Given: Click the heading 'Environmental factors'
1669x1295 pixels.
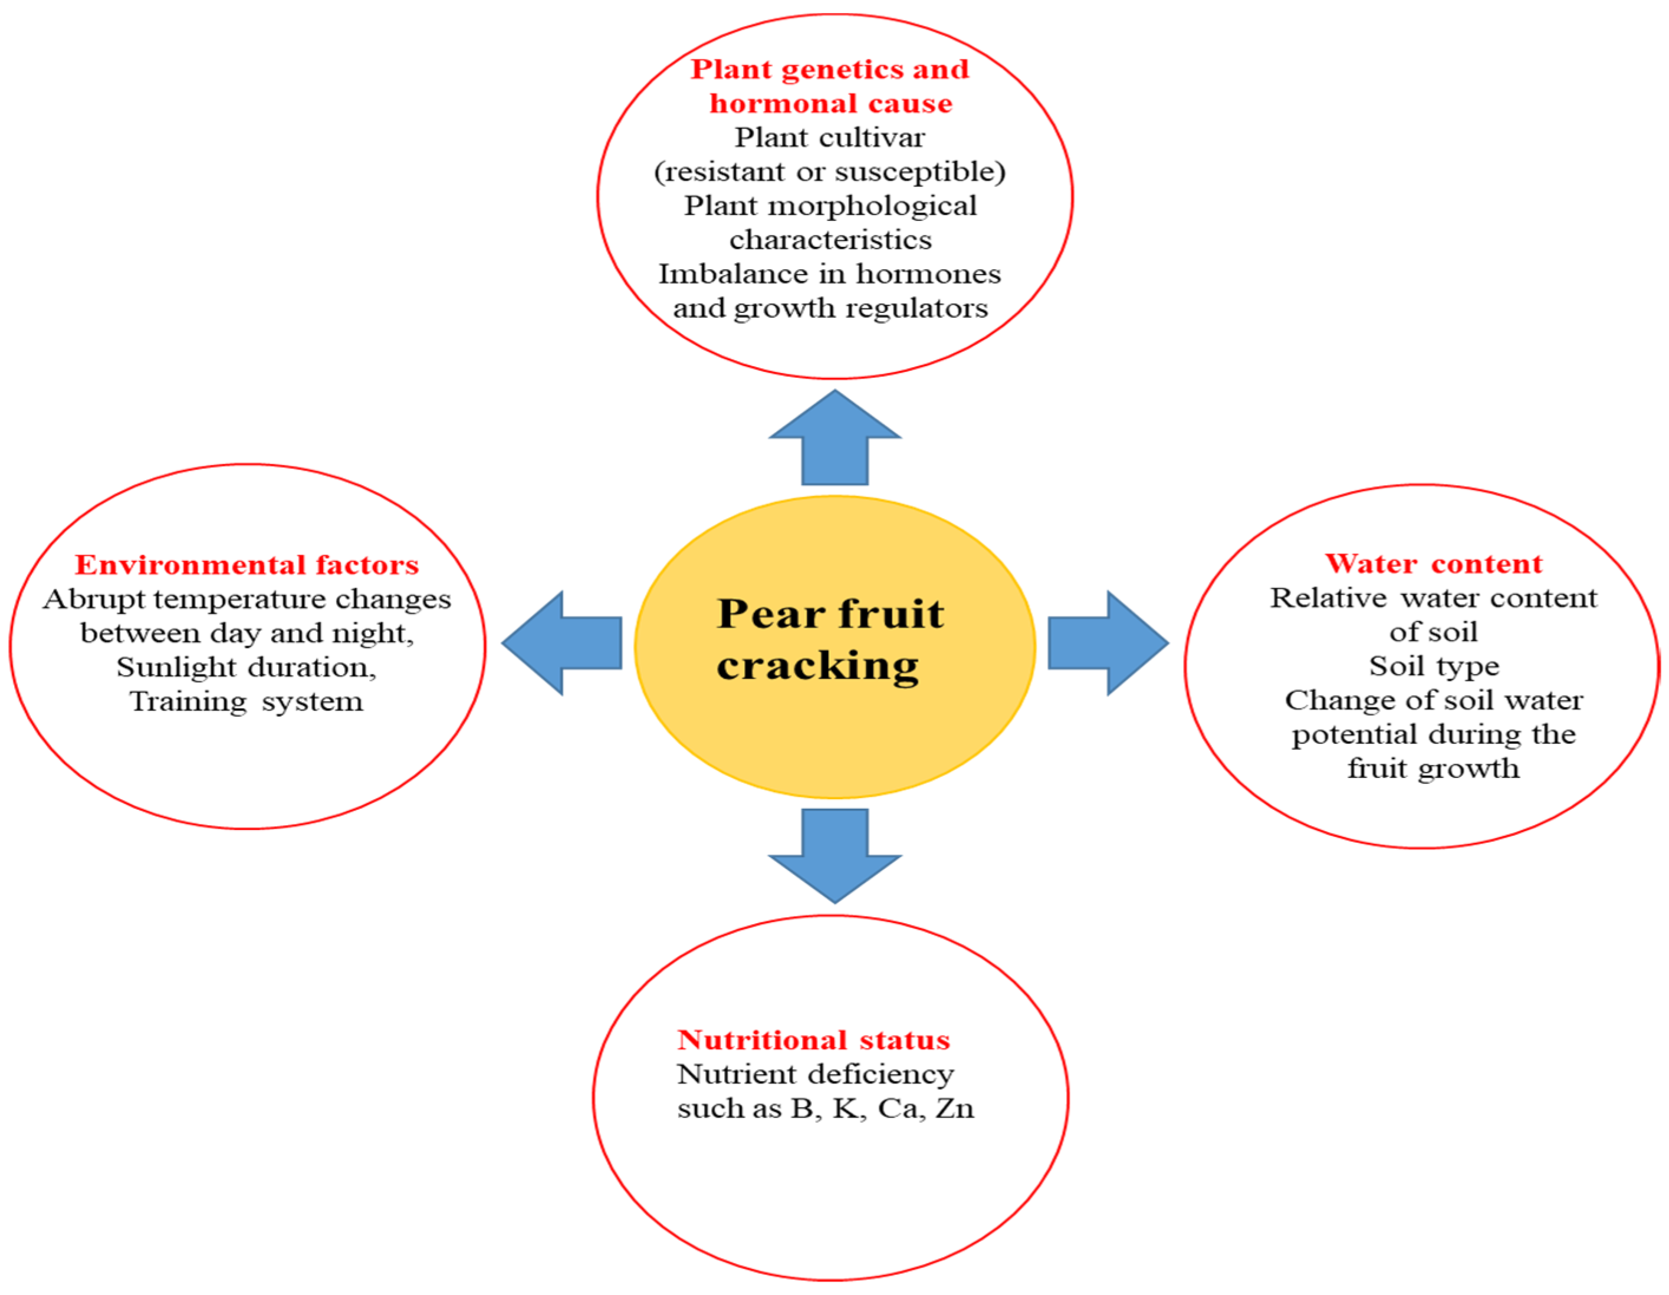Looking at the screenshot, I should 247,565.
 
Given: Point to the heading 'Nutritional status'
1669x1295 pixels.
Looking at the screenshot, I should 813,1039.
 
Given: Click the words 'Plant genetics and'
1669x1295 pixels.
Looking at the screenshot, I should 830,69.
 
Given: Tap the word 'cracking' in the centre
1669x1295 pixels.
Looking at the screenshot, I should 817,665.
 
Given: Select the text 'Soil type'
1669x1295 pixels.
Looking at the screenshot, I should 1434,665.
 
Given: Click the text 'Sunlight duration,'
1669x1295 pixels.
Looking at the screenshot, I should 246,667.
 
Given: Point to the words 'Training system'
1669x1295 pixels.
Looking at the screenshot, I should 246,701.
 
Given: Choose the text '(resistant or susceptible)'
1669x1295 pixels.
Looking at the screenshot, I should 830,171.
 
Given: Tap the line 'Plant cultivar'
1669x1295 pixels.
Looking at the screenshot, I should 830,137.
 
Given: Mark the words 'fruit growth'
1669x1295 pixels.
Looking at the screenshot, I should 1434,768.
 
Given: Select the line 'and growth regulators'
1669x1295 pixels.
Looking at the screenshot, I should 830,308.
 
